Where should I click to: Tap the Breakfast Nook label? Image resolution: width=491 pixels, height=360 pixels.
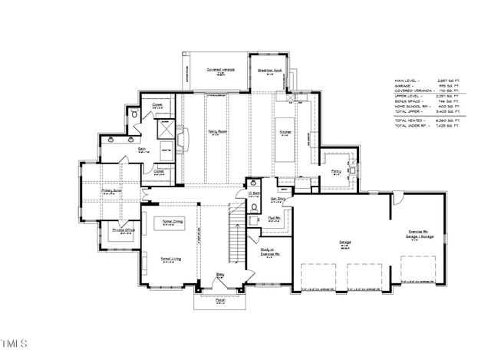(272, 69)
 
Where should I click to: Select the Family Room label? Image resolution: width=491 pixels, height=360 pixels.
(216, 131)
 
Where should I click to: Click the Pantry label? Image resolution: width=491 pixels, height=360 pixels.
(335, 172)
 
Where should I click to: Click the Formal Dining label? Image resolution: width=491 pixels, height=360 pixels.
(173, 221)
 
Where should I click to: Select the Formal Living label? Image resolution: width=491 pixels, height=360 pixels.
(171, 260)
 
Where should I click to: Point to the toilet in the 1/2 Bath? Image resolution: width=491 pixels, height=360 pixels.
(254, 206)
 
